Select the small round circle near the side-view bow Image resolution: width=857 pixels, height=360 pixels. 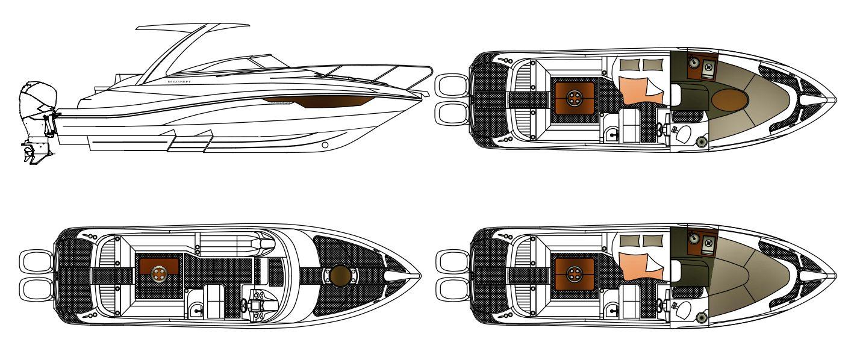pos(325,145)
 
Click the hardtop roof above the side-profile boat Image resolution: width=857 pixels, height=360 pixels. pos(193,27)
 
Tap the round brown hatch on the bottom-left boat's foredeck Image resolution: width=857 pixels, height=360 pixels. pos(340,275)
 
